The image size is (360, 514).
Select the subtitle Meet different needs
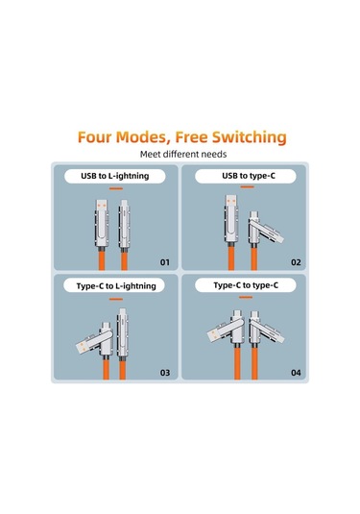pyautogui.click(x=180, y=154)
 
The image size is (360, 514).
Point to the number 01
pyautogui.click(x=164, y=261)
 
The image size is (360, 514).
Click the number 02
pyautogui.click(x=296, y=261)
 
